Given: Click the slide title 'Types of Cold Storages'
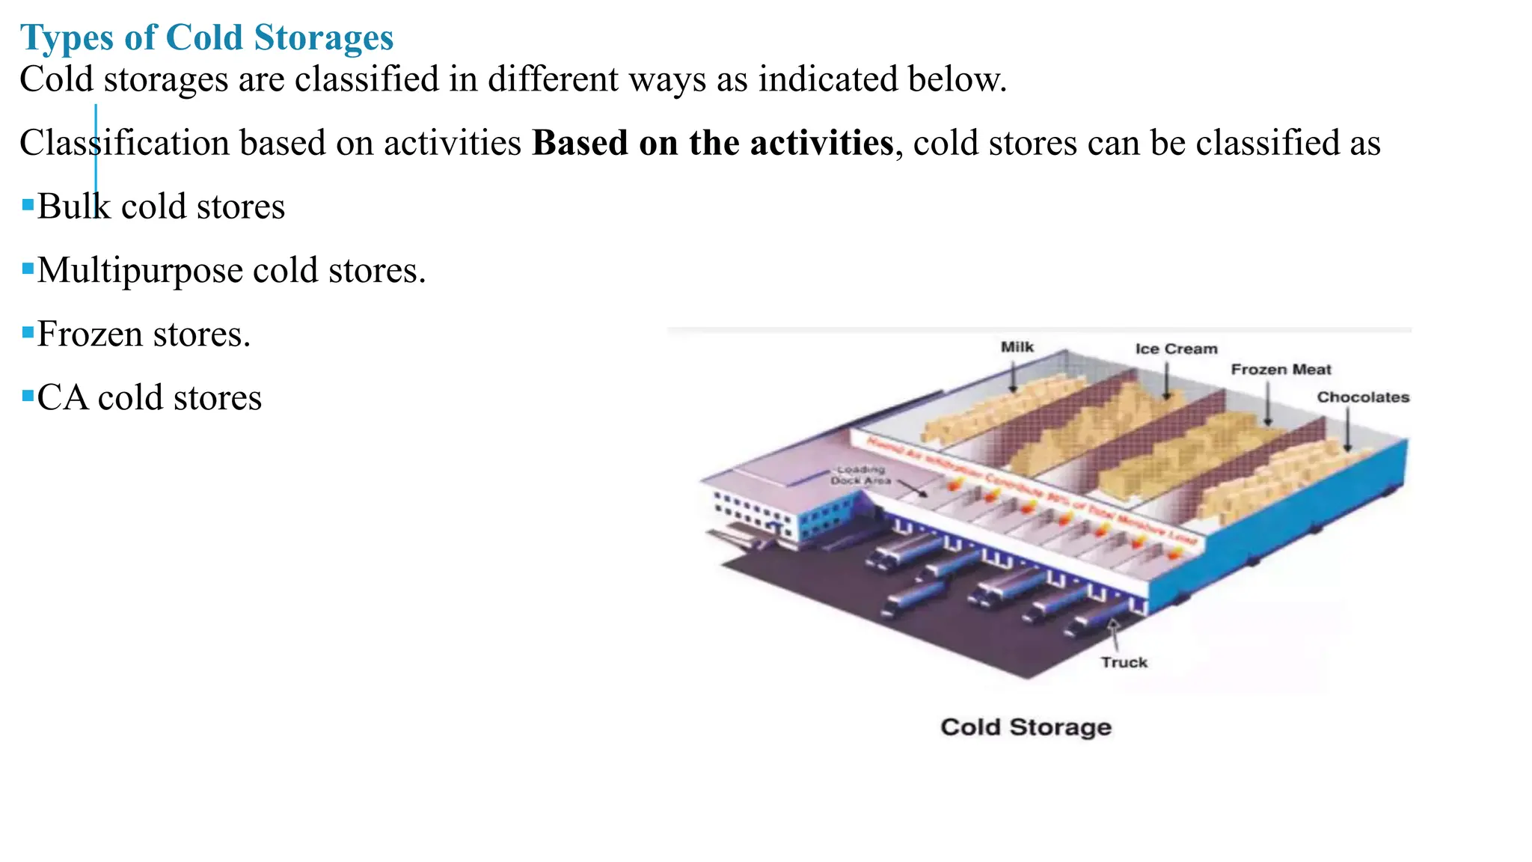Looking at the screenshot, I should pyautogui.click(x=206, y=37).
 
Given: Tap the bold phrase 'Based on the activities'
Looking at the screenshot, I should pyautogui.click(x=712, y=143).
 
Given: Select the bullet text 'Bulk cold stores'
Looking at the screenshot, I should pyautogui.click(x=161, y=207).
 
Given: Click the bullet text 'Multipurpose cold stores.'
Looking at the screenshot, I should pyautogui.click(x=231, y=270).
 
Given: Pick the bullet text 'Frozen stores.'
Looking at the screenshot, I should pyautogui.click(x=144, y=334).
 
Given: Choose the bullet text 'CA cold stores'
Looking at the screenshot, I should pyautogui.click(x=150, y=397).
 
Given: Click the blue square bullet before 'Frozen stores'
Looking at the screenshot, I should pyautogui.click(x=28, y=331).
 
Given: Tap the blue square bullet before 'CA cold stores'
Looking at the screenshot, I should pyautogui.click(x=28, y=395).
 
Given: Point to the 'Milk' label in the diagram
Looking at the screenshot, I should pyautogui.click(x=1017, y=347).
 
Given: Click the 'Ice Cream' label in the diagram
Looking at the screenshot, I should pyautogui.click(x=1176, y=349).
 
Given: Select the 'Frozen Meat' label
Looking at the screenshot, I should pyautogui.click(x=1281, y=370).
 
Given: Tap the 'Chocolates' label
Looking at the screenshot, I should pyautogui.click(x=1363, y=397).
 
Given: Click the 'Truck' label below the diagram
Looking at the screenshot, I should pyautogui.click(x=1124, y=662).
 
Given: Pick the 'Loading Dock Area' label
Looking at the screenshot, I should pyautogui.click(x=861, y=475).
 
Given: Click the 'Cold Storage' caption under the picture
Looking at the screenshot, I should pyautogui.click(x=1026, y=727).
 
